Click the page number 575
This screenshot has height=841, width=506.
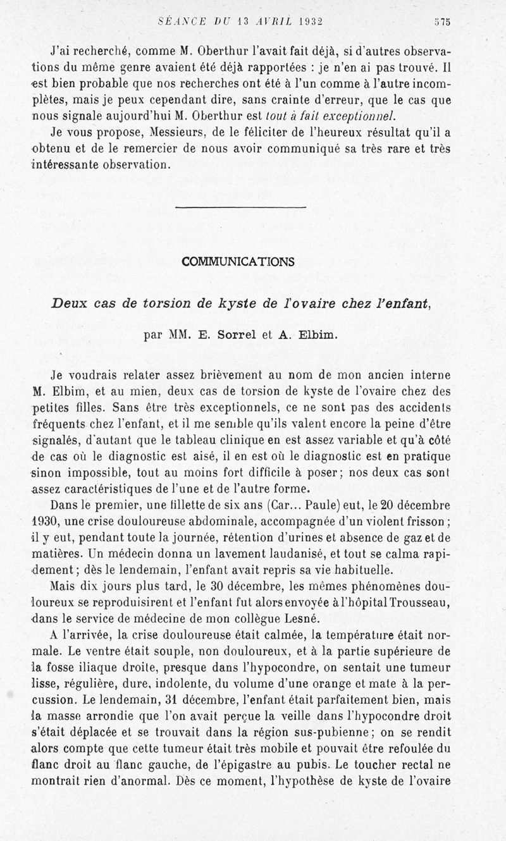(441, 21)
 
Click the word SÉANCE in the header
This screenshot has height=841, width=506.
(180, 21)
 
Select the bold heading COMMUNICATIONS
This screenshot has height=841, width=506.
(238, 261)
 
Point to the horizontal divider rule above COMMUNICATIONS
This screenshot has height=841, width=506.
(240, 207)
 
